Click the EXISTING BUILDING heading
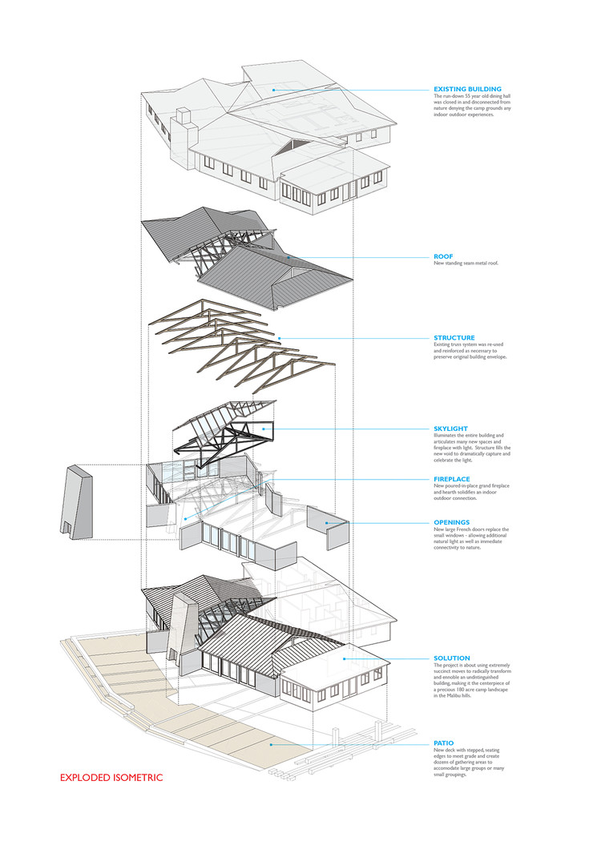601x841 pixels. (x=467, y=89)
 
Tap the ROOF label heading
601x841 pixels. (x=443, y=257)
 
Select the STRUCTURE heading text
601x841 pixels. (x=454, y=338)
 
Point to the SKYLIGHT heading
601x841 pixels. (x=451, y=429)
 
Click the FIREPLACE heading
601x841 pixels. (x=453, y=479)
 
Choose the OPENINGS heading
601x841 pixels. (x=452, y=522)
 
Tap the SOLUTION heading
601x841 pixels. (x=451, y=658)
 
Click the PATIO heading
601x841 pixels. (x=443, y=743)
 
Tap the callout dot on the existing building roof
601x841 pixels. (x=272, y=89)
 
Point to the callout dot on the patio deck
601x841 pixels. (x=271, y=744)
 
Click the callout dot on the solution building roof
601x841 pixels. (x=345, y=658)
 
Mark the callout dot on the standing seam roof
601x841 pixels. (x=288, y=257)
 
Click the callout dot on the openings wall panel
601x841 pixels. (x=328, y=523)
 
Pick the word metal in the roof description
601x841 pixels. (x=479, y=264)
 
